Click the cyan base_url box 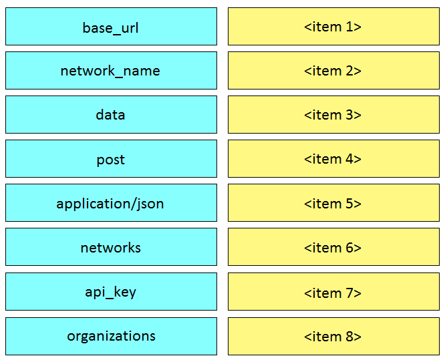(x=111, y=27)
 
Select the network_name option (x=111, y=70)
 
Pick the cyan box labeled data (x=111, y=114)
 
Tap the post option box (x=111, y=158)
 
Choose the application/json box (x=111, y=202)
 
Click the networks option (x=111, y=247)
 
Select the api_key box (x=111, y=291)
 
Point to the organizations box (x=111, y=336)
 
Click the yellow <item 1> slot (x=334, y=27)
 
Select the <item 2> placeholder (x=334, y=70)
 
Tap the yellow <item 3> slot (x=334, y=114)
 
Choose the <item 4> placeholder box (x=334, y=158)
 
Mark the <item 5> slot (x=334, y=202)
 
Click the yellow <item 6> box (x=334, y=247)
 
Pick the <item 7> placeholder (x=334, y=291)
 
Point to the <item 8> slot (x=334, y=336)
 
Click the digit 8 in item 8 (x=349, y=337)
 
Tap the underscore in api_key (x=110, y=297)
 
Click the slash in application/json (x=133, y=204)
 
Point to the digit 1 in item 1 (x=349, y=27)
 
